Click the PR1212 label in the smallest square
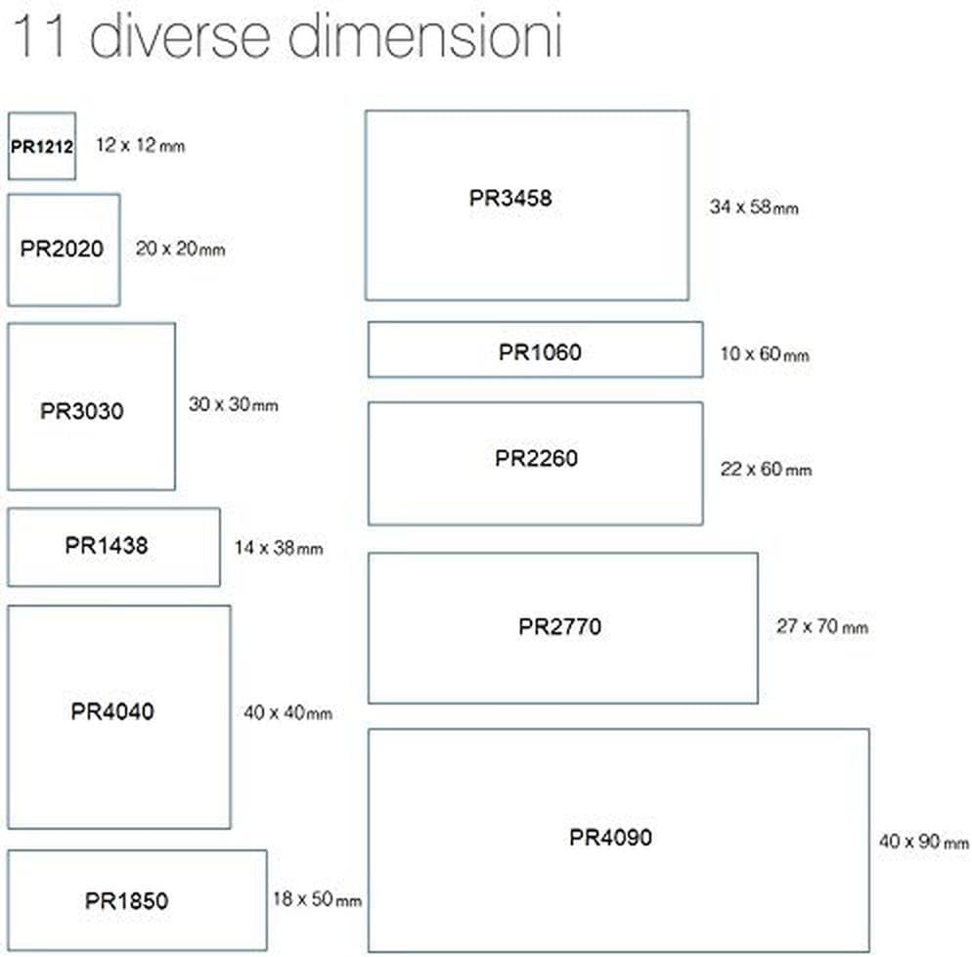coord(42,147)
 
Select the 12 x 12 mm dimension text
coord(141,145)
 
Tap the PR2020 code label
coord(62,249)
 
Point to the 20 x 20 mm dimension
coord(180,249)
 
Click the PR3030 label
coord(82,411)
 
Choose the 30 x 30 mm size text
coord(234,404)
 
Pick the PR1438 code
coord(107,546)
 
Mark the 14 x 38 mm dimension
coord(279,548)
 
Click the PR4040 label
coord(112,711)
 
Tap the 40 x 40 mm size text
coord(288,712)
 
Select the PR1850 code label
coord(126,901)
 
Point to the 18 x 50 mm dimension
coord(318,898)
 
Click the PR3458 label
coord(510,199)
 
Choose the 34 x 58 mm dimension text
coord(754,206)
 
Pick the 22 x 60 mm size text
coord(767,469)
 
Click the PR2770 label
coord(559,627)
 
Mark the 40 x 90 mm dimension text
coord(924,842)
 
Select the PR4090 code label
coord(610,838)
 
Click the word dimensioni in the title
coord(425,36)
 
